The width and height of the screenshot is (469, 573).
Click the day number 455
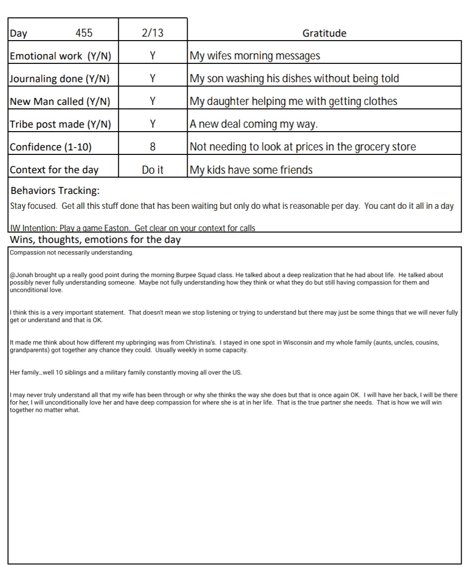pyautogui.click(x=84, y=33)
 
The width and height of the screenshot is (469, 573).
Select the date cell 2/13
pyautogui.click(x=153, y=33)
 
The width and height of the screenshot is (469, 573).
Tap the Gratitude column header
pyautogui.click(x=324, y=33)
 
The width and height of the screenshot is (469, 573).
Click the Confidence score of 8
pyautogui.click(x=153, y=147)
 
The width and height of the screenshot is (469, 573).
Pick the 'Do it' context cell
pyautogui.click(x=153, y=170)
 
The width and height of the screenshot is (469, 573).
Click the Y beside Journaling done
pyautogui.click(x=153, y=79)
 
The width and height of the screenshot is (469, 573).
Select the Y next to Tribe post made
pyautogui.click(x=153, y=124)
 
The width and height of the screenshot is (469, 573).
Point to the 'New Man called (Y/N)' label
pyautogui.click(x=60, y=101)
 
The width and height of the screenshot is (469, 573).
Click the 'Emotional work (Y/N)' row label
pyautogui.click(x=60, y=56)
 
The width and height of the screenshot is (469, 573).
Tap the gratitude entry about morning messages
pyautogui.click(x=255, y=56)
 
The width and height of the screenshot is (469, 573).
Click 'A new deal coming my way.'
pyautogui.click(x=254, y=124)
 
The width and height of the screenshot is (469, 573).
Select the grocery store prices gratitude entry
pyautogui.click(x=303, y=147)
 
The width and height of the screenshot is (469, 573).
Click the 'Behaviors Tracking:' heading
pyautogui.click(x=55, y=191)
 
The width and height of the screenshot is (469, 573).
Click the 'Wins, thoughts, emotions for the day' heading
pyautogui.click(x=95, y=240)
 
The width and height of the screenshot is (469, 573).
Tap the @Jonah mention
pyautogui.click(x=21, y=275)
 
